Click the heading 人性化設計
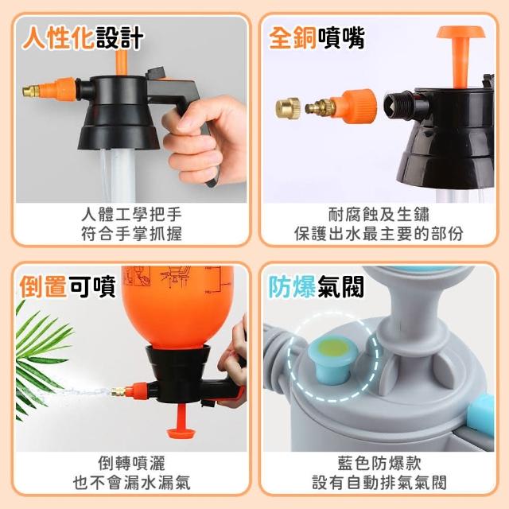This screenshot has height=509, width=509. (x=83, y=38)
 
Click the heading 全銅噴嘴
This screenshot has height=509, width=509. (x=317, y=38)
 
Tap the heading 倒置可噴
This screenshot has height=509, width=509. (x=68, y=286)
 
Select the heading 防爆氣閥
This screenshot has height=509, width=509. (x=317, y=286)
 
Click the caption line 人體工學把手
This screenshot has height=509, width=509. (x=131, y=214)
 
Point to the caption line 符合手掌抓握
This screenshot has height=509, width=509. (x=131, y=234)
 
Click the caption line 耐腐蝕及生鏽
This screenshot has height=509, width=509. (x=379, y=214)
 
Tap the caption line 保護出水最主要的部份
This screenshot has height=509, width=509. (x=379, y=234)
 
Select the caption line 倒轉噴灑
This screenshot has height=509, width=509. (x=131, y=463)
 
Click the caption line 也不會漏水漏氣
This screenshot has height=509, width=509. (x=131, y=483)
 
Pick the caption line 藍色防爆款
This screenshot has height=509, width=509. (x=379, y=463)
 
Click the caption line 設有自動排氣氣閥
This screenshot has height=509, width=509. (x=379, y=483)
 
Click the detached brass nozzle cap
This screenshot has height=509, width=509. (x=288, y=108)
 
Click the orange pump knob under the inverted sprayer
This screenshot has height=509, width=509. (x=181, y=422)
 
